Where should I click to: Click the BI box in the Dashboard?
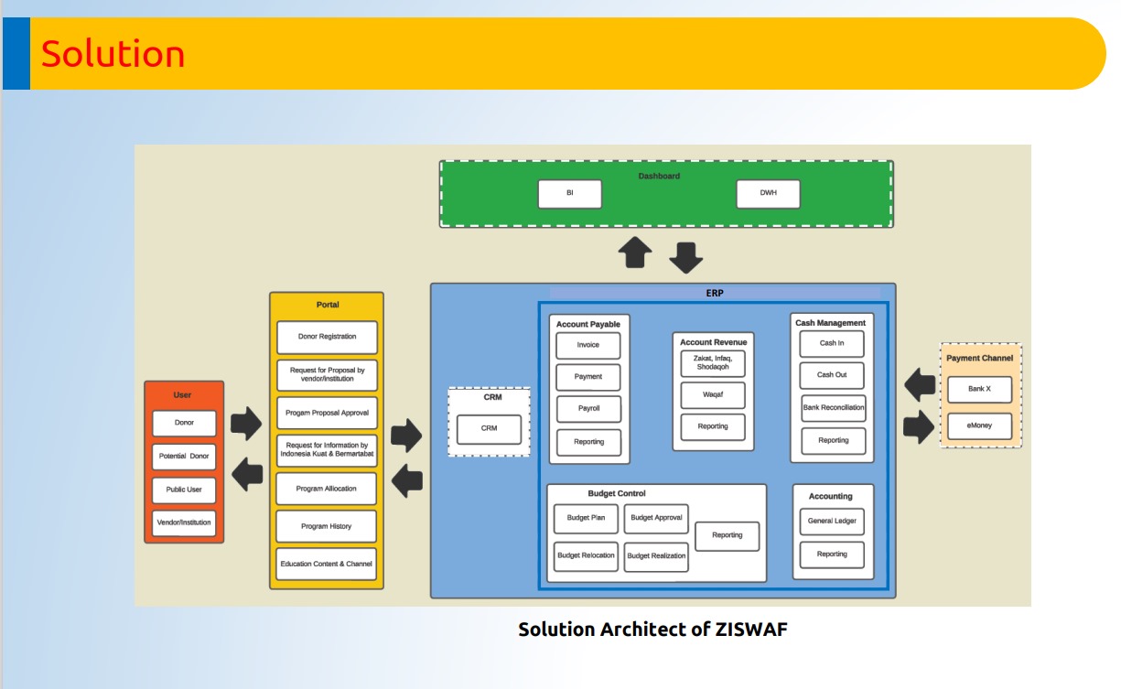[570, 194]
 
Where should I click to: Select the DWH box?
[768, 194]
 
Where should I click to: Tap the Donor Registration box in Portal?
[327, 337]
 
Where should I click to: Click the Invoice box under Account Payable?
[588, 345]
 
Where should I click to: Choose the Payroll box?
[588, 409]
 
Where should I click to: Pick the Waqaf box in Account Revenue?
[713, 395]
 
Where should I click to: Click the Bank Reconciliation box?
[833, 408]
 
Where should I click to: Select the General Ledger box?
[832, 522]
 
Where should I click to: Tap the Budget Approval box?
[656, 519]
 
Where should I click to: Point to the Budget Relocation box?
[586, 555]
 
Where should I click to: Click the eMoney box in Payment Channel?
[979, 425]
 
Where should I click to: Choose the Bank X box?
[979, 389]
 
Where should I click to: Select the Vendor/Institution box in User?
[184, 522]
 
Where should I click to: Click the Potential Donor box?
[184, 456]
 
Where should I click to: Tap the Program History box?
[327, 526]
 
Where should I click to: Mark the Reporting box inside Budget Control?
[728, 536]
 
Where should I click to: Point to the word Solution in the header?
[113, 54]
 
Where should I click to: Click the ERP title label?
[714, 294]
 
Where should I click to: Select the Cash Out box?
[832, 375]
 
